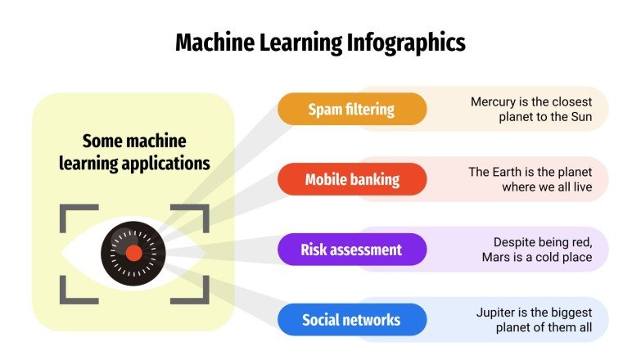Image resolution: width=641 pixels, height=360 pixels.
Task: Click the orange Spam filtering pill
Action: pos(352,109)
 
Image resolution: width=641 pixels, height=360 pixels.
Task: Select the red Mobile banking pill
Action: pos(352,179)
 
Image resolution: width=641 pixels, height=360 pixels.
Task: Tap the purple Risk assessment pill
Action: pos(352,250)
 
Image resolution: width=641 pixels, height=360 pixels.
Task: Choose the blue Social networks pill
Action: pos(352,320)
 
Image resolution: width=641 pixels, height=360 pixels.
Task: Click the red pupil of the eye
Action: pos(133,254)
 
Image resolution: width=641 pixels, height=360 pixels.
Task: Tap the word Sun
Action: pos(577,117)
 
